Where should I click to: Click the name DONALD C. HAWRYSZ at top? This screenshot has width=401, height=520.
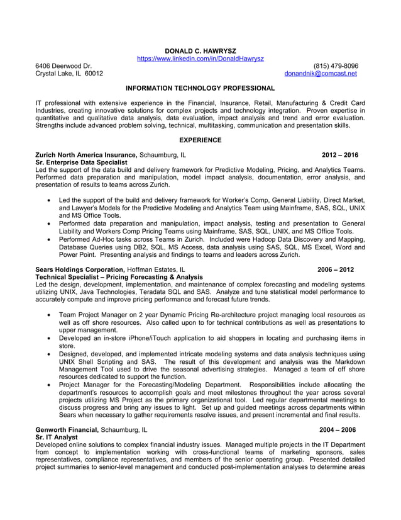coord(200,50)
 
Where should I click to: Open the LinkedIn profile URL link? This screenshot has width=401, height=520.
coord(200,59)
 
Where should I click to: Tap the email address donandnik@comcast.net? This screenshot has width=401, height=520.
coord(321,74)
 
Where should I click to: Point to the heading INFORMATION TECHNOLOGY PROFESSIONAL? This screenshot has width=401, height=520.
coord(200,89)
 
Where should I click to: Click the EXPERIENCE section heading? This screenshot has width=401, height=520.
coord(200,140)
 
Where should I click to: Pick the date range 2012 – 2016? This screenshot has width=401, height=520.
coord(339,155)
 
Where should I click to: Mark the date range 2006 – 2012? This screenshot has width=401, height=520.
coord(336,269)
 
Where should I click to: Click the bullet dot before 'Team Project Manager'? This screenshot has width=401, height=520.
coord(50,314)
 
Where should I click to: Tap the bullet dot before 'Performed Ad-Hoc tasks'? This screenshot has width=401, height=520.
coord(50,239)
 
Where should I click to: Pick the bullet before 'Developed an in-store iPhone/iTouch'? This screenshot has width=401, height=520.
coord(50,338)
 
